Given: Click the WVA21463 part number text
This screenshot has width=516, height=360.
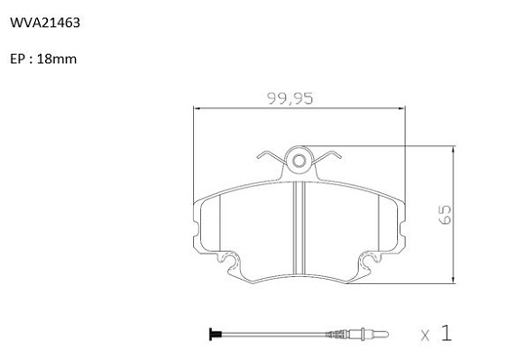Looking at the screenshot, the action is point(45,23).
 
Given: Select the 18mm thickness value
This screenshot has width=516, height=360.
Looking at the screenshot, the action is point(57,60).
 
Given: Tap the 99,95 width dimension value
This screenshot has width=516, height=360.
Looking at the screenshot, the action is point(290,98).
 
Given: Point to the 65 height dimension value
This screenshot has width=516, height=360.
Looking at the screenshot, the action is point(446,215).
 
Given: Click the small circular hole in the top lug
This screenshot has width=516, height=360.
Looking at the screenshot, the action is point(299,161).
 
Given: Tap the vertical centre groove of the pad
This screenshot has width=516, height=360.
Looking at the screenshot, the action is point(299,227).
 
